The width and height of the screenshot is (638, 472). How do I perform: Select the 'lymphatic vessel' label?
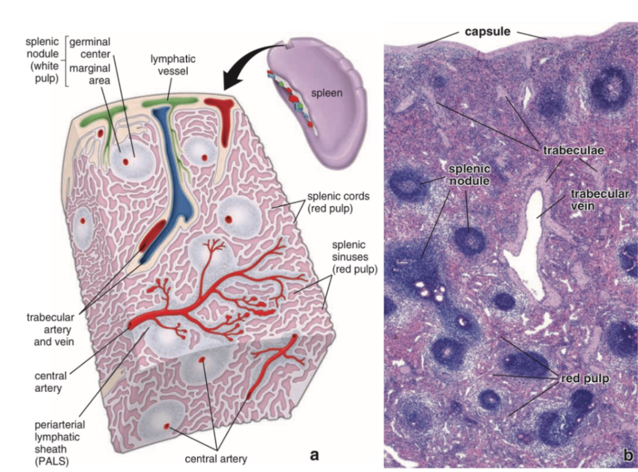pos(173,65)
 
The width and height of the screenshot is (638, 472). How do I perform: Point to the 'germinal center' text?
pos(91,48)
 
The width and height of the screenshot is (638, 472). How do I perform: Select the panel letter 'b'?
pos(628,456)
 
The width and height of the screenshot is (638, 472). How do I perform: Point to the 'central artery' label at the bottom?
pos(215,458)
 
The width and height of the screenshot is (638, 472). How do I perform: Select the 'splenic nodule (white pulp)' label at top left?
pos(42,61)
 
